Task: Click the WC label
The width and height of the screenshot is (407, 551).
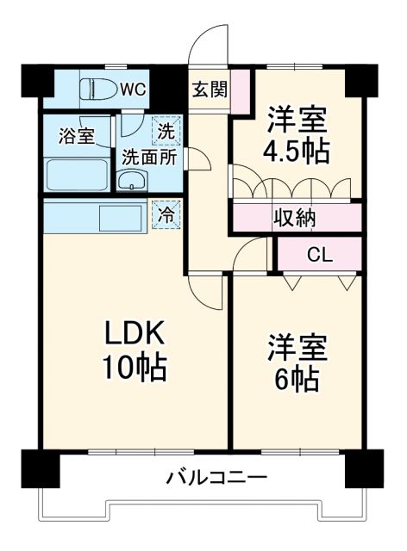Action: pyautogui.click(x=133, y=88)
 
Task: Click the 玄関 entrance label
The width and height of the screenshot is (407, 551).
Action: pyautogui.click(x=209, y=88)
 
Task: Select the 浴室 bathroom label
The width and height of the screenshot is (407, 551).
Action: pyautogui.click(x=76, y=136)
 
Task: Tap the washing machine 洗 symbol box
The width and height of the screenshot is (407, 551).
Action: pyautogui.click(x=166, y=132)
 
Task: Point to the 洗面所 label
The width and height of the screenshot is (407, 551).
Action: pyautogui.click(x=148, y=157)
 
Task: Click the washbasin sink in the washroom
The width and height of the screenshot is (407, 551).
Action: pyautogui.click(x=132, y=180)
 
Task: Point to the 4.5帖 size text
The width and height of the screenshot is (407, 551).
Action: pyautogui.click(x=295, y=150)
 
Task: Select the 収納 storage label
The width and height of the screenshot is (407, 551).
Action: pyautogui.click(x=295, y=218)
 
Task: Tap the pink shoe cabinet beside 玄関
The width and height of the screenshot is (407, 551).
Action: pyautogui.click(x=239, y=88)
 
